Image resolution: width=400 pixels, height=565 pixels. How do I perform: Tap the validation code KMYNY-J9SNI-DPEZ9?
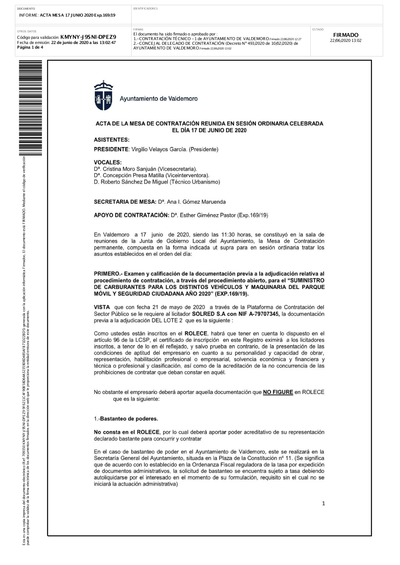click(88, 37)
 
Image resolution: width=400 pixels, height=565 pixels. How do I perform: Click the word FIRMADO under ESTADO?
click(346, 35)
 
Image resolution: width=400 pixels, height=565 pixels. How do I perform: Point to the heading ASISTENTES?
click(112, 140)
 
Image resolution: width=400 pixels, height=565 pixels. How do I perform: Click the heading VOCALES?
click(108, 163)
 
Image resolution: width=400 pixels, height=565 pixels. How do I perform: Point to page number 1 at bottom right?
click(324, 503)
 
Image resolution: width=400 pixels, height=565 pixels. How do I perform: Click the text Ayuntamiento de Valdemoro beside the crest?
click(159, 99)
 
